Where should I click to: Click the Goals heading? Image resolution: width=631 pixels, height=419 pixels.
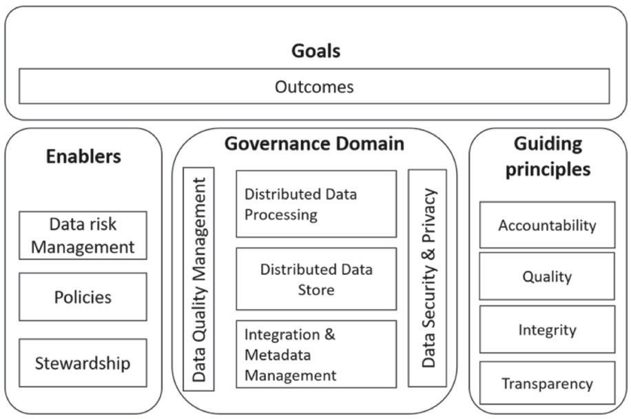[316, 51]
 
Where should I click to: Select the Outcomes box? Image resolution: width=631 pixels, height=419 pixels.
[314, 86]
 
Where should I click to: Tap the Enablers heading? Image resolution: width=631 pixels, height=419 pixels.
[83, 156]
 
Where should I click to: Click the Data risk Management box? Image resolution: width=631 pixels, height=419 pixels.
[83, 236]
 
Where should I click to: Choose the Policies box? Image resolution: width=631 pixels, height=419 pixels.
[83, 297]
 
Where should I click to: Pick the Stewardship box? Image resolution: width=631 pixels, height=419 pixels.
[83, 363]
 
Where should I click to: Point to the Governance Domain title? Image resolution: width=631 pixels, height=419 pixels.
[314, 144]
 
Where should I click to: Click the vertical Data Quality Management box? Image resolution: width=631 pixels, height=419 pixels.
[199, 279]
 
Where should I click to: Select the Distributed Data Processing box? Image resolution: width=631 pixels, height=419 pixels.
[316, 204]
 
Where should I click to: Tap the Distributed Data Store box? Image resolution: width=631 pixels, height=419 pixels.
[316, 279]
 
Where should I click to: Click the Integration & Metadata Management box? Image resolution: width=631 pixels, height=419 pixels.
[316, 354]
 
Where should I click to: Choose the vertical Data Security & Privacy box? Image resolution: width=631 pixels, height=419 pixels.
[427, 278]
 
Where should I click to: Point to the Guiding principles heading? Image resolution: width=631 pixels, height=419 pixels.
[548, 156]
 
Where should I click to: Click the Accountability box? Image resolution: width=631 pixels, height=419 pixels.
[547, 225]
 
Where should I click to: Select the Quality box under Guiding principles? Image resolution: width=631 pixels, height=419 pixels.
[547, 276]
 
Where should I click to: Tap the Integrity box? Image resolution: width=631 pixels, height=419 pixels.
[547, 329]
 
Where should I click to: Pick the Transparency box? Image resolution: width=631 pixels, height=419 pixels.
[547, 383]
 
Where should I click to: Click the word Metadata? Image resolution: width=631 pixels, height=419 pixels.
[278, 355]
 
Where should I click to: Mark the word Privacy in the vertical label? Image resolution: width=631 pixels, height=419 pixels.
[428, 215]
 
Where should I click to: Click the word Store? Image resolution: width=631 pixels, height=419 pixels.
[316, 290]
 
